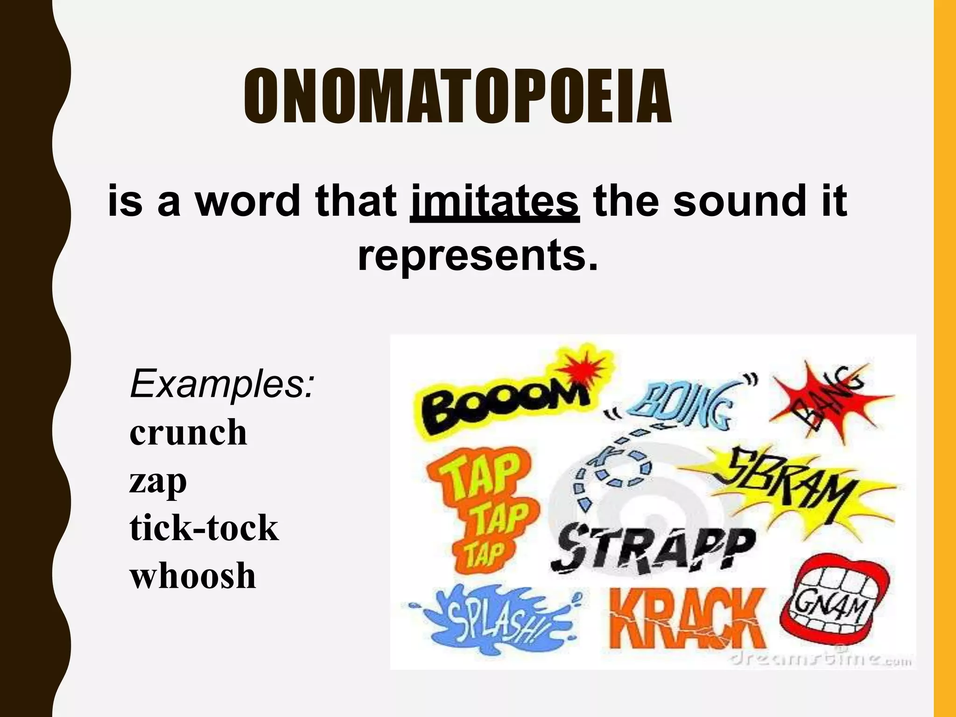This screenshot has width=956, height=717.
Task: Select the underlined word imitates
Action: click(495, 202)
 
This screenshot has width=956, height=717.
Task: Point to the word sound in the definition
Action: click(739, 202)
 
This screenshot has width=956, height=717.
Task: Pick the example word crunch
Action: click(188, 433)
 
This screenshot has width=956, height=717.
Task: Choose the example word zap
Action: click(158, 481)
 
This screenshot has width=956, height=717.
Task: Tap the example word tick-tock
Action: click(204, 528)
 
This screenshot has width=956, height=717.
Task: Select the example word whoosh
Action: click(193, 576)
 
